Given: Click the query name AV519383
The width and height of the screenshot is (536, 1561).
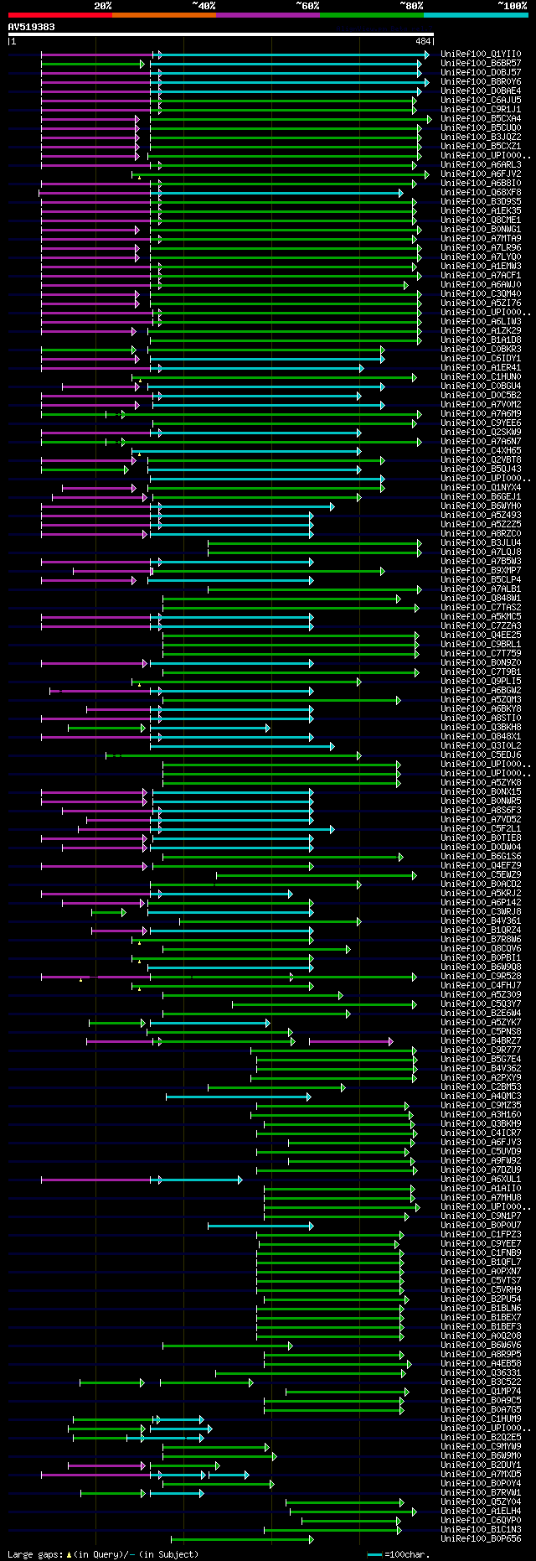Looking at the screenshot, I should click(x=32, y=27).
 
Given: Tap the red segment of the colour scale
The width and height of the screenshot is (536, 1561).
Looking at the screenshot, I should click(x=59, y=15).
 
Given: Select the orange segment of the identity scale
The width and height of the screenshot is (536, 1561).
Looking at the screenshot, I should click(x=163, y=15).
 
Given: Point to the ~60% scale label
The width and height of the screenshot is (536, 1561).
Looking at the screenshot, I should click(x=307, y=6).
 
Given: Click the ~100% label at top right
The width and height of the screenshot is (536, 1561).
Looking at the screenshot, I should click(x=512, y=6).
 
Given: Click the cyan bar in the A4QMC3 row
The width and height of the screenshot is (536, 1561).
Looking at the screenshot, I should click(x=238, y=1097).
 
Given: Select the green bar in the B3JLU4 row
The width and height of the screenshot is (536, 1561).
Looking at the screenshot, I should click(x=314, y=543).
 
